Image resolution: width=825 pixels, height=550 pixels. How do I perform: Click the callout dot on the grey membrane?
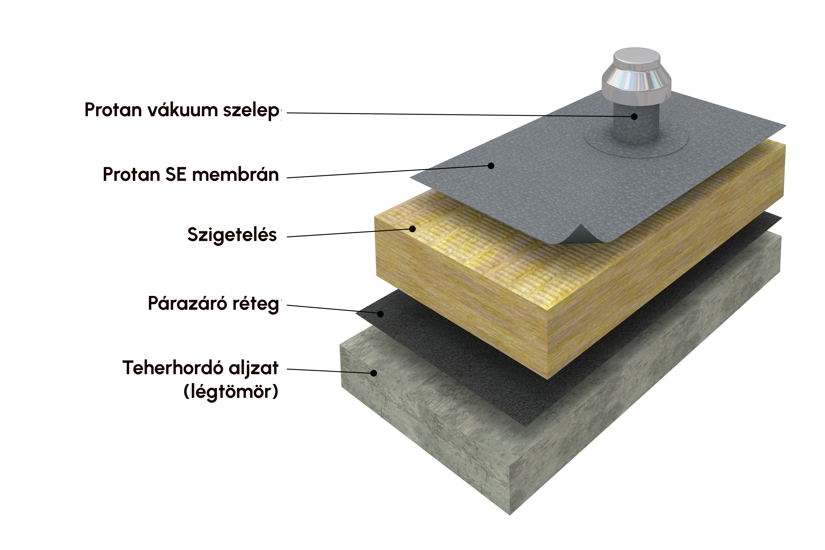click(x=491, y=166)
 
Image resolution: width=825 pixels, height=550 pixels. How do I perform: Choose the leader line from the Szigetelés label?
click(x=350, y=233)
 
